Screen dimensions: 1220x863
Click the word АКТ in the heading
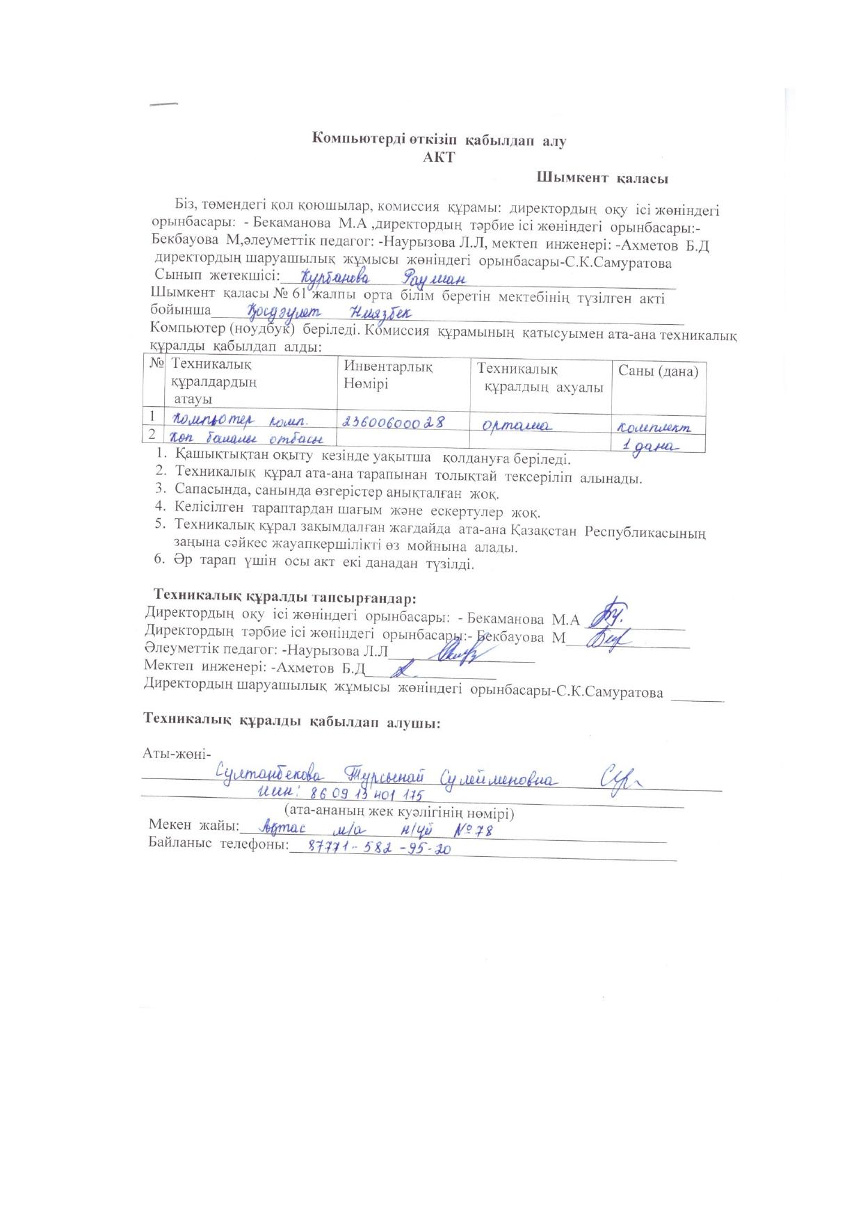click(x=439, y=157)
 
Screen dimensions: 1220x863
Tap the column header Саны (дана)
click(x=658, y=371)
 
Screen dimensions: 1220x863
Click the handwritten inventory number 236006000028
click(x=393, y=422)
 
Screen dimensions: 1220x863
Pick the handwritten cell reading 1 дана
click(x=650, y=446)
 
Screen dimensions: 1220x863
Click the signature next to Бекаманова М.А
click(x=608, y=612)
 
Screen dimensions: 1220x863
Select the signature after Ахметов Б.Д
click(x=402, y=671)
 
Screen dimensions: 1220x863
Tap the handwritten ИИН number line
click(x=340, y=794)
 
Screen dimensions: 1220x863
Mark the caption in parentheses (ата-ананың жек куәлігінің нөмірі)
click(x=399, y=812)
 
